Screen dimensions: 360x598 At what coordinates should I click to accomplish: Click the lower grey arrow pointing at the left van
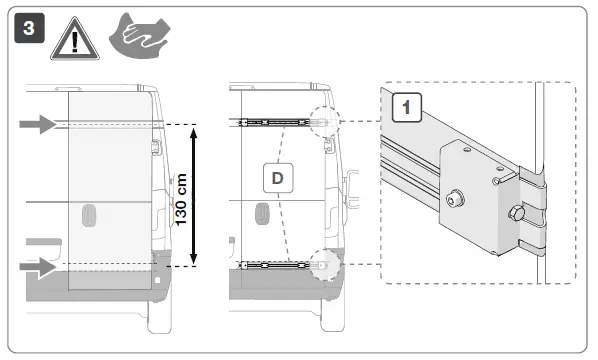point(37,268)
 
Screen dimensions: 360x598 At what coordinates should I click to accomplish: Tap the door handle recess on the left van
point(88,216)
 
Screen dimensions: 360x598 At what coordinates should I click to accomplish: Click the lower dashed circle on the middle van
point(325,265)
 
